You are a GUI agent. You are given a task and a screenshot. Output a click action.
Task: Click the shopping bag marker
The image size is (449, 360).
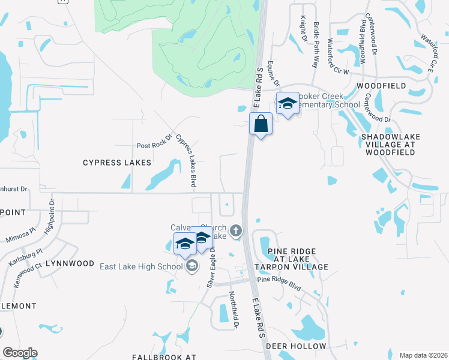click(x=261, y=124)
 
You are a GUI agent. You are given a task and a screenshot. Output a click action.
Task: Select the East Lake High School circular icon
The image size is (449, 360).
click(x=191, y=266)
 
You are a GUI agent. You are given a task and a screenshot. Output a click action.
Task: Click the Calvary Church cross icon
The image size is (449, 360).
click(x=236, y=230)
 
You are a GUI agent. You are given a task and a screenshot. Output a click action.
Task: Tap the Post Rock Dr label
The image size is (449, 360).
click(x=154, y=142)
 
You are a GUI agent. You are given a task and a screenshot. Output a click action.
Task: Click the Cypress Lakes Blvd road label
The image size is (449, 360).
click(x=187, y=160)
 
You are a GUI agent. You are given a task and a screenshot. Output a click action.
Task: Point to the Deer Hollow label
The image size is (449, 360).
click(x=296, y=346)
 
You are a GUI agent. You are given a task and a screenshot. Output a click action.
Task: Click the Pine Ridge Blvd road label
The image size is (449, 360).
click(x=279, y=283)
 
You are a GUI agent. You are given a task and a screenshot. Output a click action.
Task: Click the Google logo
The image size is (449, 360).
click(x=20, y=353)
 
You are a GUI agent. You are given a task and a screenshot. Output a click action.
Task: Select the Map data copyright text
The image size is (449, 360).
click(x=423, y=355)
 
